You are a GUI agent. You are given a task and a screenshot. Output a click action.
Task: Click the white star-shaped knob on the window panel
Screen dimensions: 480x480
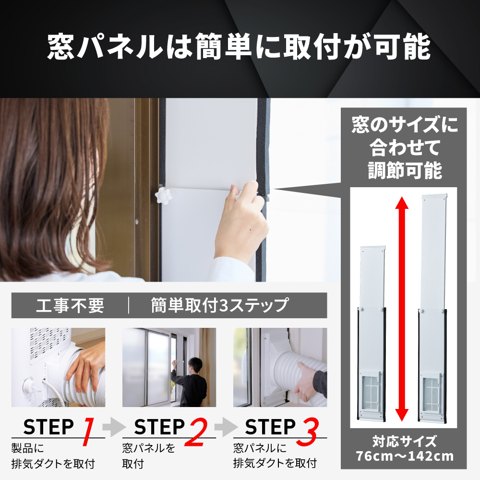click(x=163, y=196)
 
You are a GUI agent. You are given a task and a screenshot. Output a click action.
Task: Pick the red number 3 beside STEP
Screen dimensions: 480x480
click(x=308, y=432)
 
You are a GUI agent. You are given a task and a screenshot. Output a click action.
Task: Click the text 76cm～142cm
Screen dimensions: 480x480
click(x=405, y=456)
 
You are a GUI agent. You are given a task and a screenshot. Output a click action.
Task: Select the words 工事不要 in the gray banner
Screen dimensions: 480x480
click(x=70, y=305)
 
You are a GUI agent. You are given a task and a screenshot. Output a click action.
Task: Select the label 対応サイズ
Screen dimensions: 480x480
click(x=404, y=442)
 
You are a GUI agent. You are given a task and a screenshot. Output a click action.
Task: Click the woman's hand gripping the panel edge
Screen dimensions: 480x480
click(x=242, y=221)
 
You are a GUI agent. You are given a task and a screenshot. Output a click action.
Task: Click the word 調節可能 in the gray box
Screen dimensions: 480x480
click(x=405, y=170)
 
